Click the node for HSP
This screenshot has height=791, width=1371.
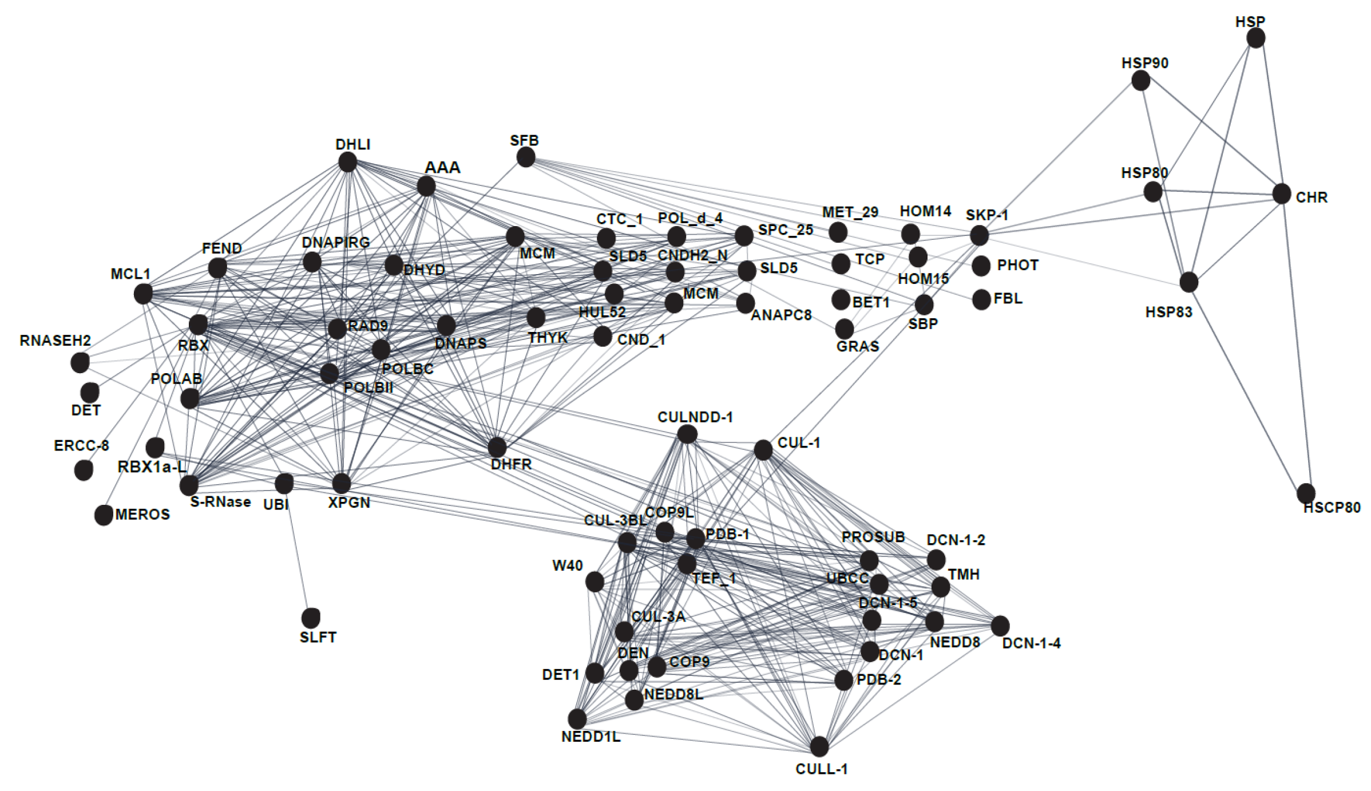click(x=1255, y=38)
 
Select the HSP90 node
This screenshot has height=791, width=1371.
click(x=1140, y=81)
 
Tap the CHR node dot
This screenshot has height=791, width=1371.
click(x=1281, y=194)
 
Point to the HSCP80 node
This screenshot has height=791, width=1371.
click(x=1306, y=493)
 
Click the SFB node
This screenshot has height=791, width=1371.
click(x=525, y=157)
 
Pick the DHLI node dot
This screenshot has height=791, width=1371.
click(x=347, y=162)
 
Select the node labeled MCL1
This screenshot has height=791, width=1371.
click(x=143, y=294)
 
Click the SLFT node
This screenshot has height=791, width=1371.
click(x=311, y=618)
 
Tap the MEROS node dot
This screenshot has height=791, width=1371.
click(x=104, y=515)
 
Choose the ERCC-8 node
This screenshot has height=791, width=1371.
click(x=84, y=470)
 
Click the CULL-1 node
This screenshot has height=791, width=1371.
click(x=819, y=746)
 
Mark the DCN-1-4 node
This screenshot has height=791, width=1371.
click(x=1000, y=626)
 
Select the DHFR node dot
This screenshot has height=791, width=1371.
click(x=497, y=447)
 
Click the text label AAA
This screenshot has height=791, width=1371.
click(x=442, y=168)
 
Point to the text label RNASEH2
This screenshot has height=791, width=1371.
click(x=56, y=341)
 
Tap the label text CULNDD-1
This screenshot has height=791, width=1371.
click(x=695, y=417)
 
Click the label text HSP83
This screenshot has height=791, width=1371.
click(x=1168, y=313)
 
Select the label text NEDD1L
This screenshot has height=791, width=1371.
click(x=591, y=737)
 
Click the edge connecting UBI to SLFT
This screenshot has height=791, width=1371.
click(x=298, y=551)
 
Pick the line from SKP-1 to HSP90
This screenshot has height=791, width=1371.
click(x=1060, y=158)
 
